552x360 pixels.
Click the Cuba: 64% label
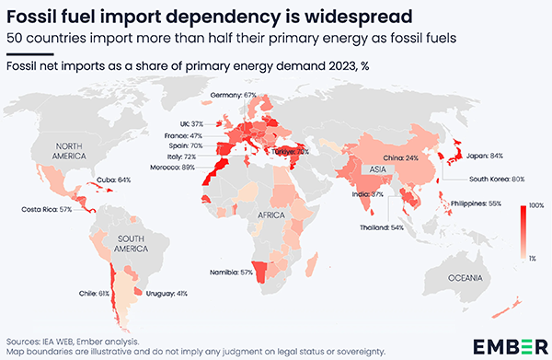tap(114, 180)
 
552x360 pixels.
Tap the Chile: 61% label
tap(96, 294)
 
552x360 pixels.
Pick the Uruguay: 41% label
tap(168, 294)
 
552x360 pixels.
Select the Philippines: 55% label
tap(475, 203)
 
